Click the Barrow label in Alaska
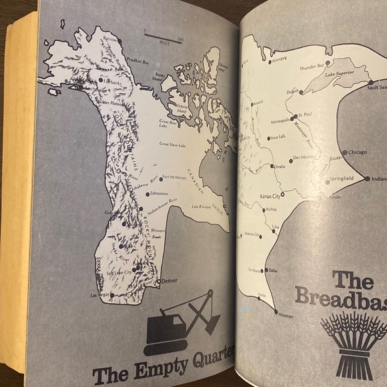coord(111,40)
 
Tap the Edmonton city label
coord(159,193)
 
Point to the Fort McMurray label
coord(175,177)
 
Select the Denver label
coord(170,281)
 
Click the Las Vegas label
coord(99,295)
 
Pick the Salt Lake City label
coord(117,273)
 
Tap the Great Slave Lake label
coord(171,144)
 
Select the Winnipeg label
coord(278,59)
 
